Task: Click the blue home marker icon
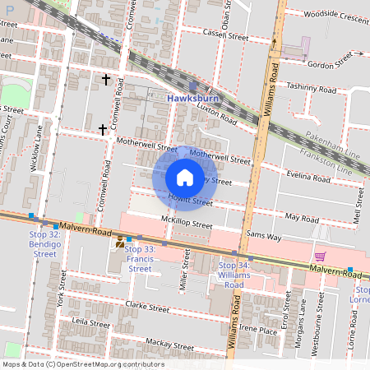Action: coord(185,177)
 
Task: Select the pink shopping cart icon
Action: coord(320,257)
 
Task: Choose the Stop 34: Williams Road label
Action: coord(234,275)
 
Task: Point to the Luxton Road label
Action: coord(218,114)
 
